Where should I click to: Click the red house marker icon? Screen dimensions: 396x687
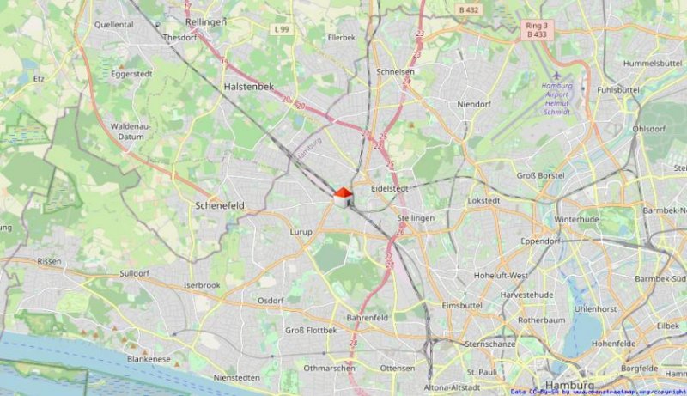(342, 198)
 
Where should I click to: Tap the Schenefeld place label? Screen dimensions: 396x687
(220, 206)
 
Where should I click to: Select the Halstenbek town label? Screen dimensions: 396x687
(247, 88)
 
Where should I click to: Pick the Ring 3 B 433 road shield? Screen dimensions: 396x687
(536, 30)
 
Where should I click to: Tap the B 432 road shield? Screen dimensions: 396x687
(467, 10)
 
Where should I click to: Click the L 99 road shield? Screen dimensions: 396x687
(281, 30)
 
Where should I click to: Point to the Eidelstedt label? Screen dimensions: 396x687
(388, 188)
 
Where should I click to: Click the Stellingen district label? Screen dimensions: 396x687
(416, 218)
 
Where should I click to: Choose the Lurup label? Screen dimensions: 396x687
(301, 232)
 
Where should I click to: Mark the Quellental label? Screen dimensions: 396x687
(114, 25)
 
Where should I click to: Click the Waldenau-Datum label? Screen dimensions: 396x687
(131, 131)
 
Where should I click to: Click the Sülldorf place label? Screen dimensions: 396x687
(135, 273)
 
